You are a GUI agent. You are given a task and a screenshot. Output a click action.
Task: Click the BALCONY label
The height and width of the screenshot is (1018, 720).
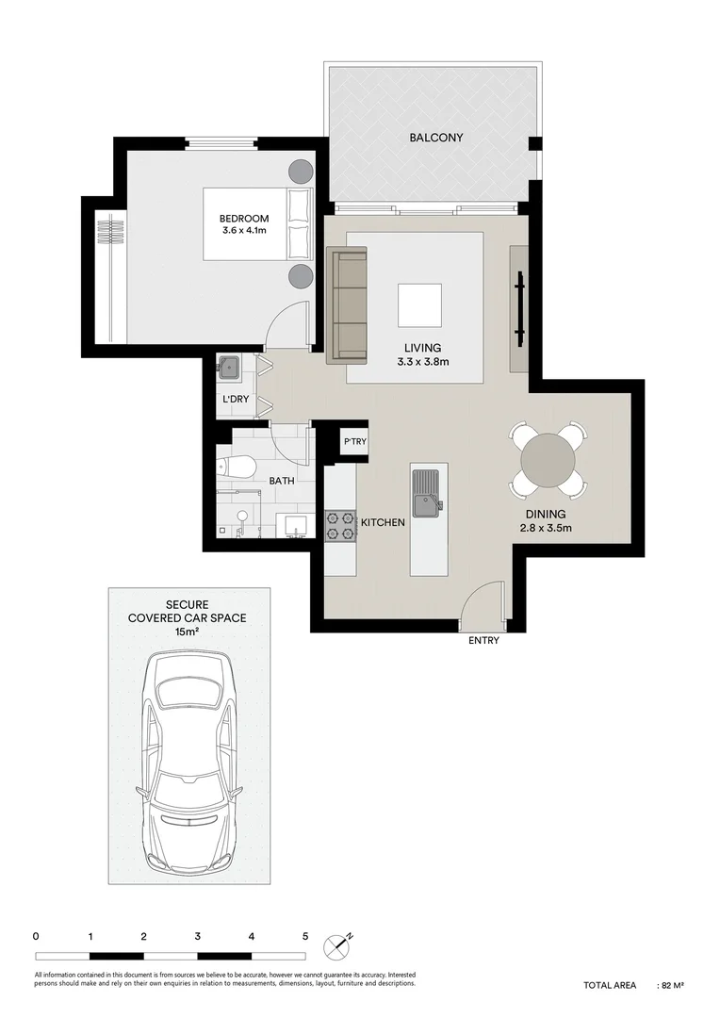(435, 138)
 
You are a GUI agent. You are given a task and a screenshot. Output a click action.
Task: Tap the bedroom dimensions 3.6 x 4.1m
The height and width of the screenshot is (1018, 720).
(244, 231)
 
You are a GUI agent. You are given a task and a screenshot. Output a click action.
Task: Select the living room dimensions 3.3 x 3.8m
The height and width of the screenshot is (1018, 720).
(418, 360)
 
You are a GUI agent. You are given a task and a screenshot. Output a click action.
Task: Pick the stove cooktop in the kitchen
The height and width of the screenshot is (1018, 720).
(340, 525)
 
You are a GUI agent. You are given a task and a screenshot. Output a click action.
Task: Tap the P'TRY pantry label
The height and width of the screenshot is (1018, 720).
(354, 441)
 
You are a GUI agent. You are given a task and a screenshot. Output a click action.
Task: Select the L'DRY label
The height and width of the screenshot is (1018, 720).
(235, 400)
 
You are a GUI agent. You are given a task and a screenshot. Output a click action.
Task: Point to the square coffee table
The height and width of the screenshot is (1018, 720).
(418, 304)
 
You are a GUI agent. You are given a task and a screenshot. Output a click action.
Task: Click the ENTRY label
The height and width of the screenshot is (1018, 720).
(483, 641)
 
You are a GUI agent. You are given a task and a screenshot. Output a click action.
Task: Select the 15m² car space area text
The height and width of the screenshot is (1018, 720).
(188, 632)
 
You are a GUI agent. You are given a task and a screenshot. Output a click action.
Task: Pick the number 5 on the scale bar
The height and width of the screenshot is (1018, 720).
(305, 937)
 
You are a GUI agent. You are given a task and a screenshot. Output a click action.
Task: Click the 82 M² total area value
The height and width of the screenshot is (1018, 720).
(672, 985)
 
